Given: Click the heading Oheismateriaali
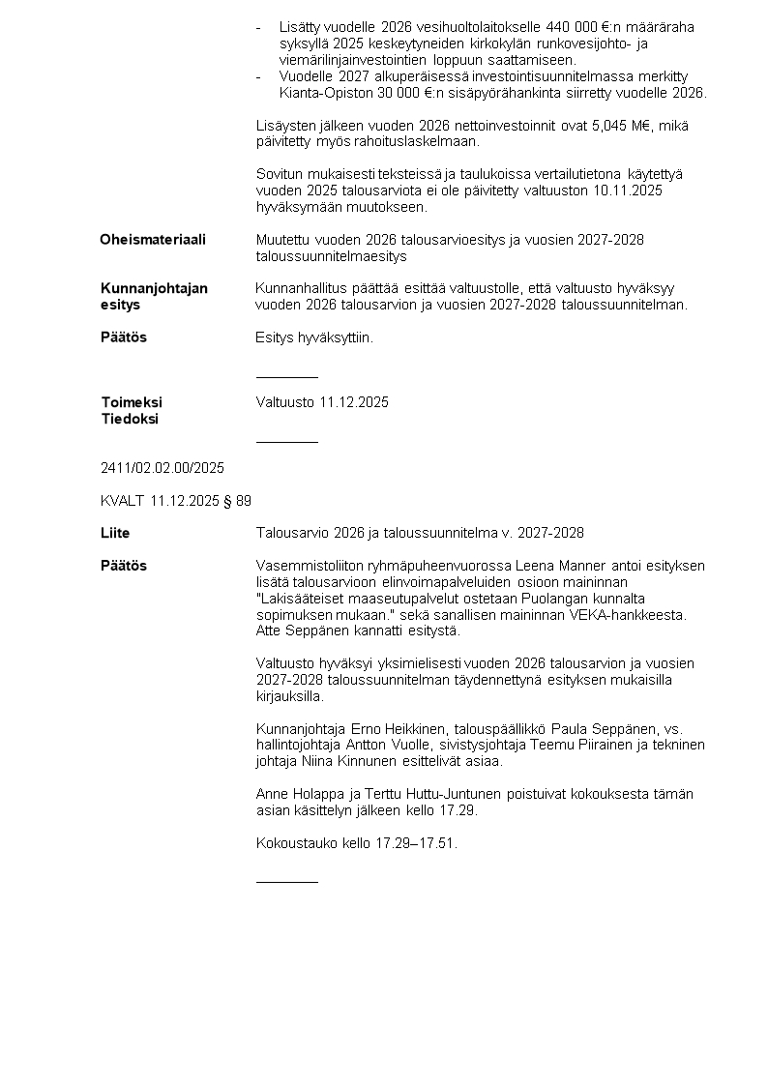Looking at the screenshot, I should [x=153, y=240].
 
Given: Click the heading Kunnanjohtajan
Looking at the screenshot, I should [x=154, y=288].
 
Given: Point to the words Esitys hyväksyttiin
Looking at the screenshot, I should [x=313, y=338].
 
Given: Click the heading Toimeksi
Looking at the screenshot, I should [x=132, y=402].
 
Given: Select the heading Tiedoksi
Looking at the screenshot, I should [x=130, y=419].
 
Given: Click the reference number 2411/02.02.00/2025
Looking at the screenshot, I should [x=162, y=468].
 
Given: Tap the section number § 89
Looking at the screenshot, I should [x=235, y=501].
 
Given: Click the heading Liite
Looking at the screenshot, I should [x=115, y=533].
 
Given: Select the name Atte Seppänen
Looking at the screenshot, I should [x=299, y=631].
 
